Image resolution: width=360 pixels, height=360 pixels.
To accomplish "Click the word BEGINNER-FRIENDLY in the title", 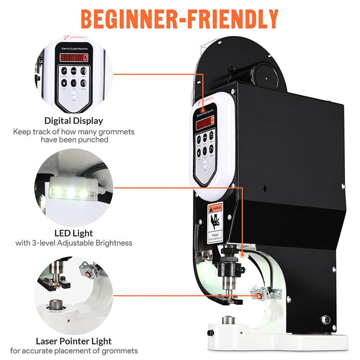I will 179,19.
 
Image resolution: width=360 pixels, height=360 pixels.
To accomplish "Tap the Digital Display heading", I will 74,121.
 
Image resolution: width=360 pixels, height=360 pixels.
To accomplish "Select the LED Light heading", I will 74,233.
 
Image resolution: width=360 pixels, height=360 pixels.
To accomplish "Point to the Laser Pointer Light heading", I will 74,341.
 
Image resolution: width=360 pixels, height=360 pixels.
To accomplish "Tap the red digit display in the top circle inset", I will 74,58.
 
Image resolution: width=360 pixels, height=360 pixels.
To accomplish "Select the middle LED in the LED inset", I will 70,192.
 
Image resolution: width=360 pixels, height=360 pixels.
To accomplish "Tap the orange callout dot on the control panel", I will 204,109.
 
